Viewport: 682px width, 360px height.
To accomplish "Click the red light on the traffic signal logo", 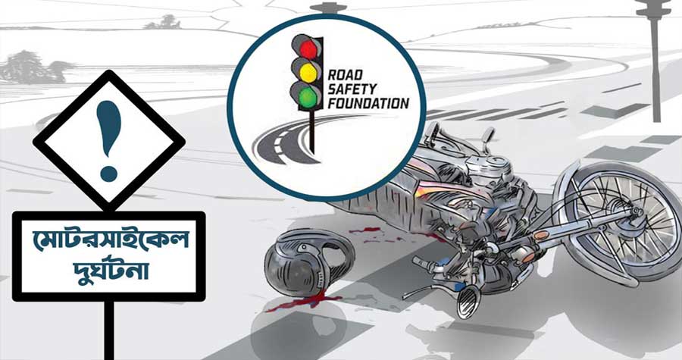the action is point(308,49).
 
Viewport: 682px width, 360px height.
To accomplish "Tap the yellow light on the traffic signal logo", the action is point(308,72).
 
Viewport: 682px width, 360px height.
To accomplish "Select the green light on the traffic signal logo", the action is point(308,95).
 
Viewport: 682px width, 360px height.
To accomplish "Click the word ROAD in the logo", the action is point(345,75).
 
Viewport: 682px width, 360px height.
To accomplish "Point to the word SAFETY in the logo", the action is point(352,89).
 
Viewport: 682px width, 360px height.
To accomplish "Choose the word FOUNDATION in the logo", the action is point(368,103).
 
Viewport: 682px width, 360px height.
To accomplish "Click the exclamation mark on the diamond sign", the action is point(108,141).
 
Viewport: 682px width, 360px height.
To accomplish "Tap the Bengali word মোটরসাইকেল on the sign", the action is point(110,239).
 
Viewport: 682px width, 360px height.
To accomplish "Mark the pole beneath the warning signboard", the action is point(109,331).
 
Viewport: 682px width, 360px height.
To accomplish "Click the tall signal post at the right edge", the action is point(655,61).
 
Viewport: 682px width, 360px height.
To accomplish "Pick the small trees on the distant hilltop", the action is point(162,22).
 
